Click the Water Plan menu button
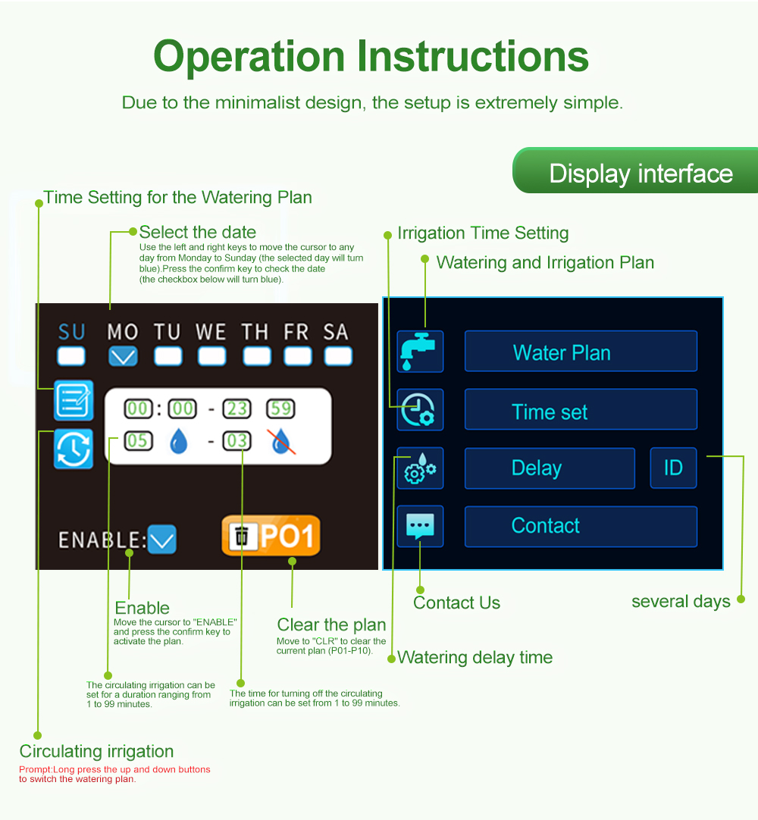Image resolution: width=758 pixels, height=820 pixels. pyautogui.click(x=581, y=352)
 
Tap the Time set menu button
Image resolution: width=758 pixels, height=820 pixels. pyautogui.click(x=581, y=409)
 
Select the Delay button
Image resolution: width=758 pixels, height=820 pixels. pyautogui.click(x=550, y=468)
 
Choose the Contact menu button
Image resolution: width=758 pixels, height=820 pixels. pyautogui.click(x=581, y=526)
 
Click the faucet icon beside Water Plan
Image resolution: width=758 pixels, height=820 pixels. pyautogui.click(x=420, y=352)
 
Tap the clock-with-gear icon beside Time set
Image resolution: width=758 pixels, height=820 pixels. pyautogui.click(x=420, y=409)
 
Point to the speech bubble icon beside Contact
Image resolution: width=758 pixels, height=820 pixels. pyautogui.click(x=420, y=526)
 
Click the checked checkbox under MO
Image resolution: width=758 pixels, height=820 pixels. pyautogui.click(x=123, y=357)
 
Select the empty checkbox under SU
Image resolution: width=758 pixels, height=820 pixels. pyautogui.click(x=71, y=357)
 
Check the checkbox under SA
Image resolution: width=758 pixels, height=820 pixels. pyautogui.click(x=338, y=357)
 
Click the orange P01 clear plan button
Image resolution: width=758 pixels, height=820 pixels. pyautogui.click(x=271, y=536)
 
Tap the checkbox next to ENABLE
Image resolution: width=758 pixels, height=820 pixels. pyautogui.click(x=162, y=540)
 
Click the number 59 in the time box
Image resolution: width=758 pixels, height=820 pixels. pyautogui.click(x=281, y=408)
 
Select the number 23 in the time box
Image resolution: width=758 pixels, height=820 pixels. pyautogui.click(x=237, y=408)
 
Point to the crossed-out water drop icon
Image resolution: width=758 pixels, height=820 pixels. pyautogui.click(x=281, y=441)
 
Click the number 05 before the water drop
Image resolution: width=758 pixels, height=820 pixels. pyautogui.click(x=138, y=441)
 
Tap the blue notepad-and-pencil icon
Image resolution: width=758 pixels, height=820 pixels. pyautogui.click(x=74, y=401)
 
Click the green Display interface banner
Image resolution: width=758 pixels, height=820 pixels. pyautogui.click(x=635, y=171)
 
